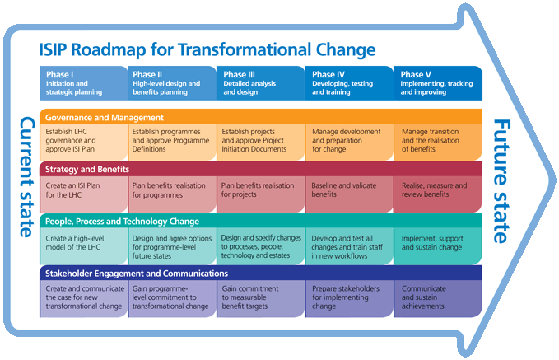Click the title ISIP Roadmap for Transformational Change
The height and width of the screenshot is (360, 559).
(x=207, y=49)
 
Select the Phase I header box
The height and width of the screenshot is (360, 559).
(x=83, y=83)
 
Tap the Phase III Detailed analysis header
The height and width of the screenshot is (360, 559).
(x=261, y=83)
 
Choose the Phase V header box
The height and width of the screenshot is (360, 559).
(x=438, y=83)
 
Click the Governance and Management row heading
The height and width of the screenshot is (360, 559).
(x=104, y=117)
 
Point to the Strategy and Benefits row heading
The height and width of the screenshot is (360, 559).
(x=87, y=169)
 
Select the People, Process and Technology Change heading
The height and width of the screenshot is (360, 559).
(x=122, y=222)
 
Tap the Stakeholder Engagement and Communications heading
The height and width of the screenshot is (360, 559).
(x=136, y=274)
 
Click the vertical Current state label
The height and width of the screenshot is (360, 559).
(x=26, y=177)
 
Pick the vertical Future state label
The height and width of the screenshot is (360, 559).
(x=501, y=181)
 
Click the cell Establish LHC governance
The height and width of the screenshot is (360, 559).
(x=83, y=142)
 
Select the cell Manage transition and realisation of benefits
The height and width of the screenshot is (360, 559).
(x=438, y=142)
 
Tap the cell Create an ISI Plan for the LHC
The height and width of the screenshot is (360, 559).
(x=83, y=194)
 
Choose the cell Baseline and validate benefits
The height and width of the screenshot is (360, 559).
(x=349, y=194)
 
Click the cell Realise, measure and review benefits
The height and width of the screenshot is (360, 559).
(x=438, y=194)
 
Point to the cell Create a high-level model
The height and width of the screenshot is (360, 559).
(x=83, y=246)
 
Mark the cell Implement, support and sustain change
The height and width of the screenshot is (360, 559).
(x=438, y=246)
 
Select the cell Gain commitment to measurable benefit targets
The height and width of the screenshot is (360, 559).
(x=261, y=299)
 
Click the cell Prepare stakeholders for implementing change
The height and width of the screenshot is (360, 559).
(x=349, y=299)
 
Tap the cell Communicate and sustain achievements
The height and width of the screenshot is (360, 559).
(x=438, y=299)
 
